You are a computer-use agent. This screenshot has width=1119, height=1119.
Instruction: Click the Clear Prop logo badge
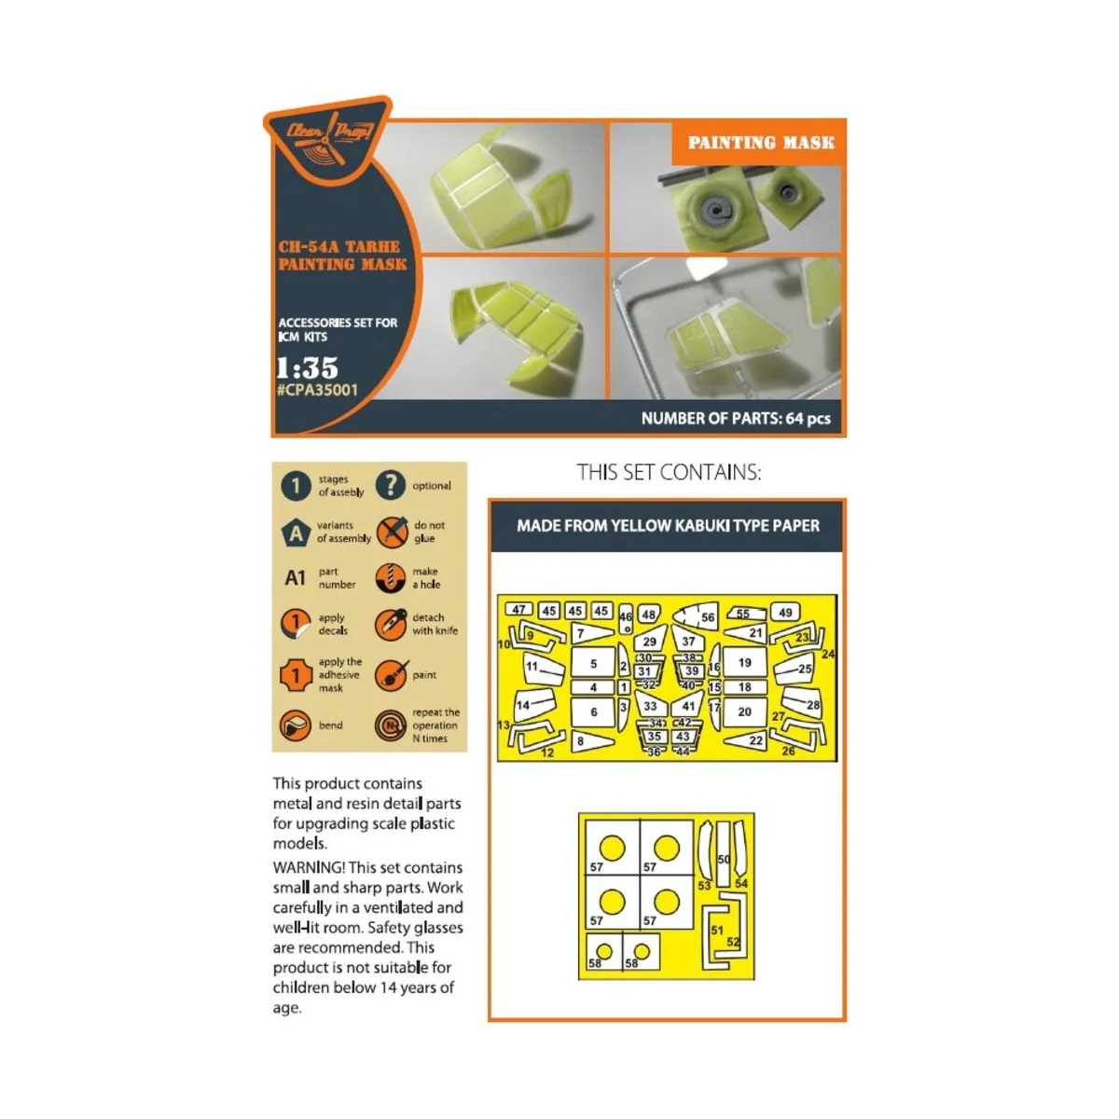click(329, 139)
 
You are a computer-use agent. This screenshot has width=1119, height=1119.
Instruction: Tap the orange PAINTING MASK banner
click(760, 143)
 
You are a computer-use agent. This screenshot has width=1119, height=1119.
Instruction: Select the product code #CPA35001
click(317, 390)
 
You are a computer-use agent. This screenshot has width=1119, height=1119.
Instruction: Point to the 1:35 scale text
click(307, 366)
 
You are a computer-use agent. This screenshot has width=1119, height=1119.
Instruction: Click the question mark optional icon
click(391, 485)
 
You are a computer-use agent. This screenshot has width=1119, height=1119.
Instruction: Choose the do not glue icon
click(392, 532)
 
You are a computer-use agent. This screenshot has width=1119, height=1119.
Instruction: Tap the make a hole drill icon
click(391, 578)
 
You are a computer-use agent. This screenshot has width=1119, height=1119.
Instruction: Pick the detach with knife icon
click(391, 625)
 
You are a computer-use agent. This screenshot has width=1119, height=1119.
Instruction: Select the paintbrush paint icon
click(391, 675)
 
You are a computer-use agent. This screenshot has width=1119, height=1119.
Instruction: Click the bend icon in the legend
click(296, 725)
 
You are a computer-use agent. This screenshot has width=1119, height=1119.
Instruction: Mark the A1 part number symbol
click(295, 578)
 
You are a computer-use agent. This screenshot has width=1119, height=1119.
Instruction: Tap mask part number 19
click(745, 662)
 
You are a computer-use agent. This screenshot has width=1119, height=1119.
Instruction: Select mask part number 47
click(518, 610)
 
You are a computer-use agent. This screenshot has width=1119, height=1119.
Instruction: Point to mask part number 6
click(594, 711)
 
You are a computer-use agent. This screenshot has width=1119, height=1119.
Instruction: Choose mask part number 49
click(786, 613)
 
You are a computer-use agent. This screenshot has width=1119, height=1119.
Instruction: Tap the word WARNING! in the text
click(309, 867)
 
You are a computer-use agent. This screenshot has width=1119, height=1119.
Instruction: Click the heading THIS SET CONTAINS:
click(669, 473)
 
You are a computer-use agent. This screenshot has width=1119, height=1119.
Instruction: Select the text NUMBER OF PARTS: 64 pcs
click(736, 419)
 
